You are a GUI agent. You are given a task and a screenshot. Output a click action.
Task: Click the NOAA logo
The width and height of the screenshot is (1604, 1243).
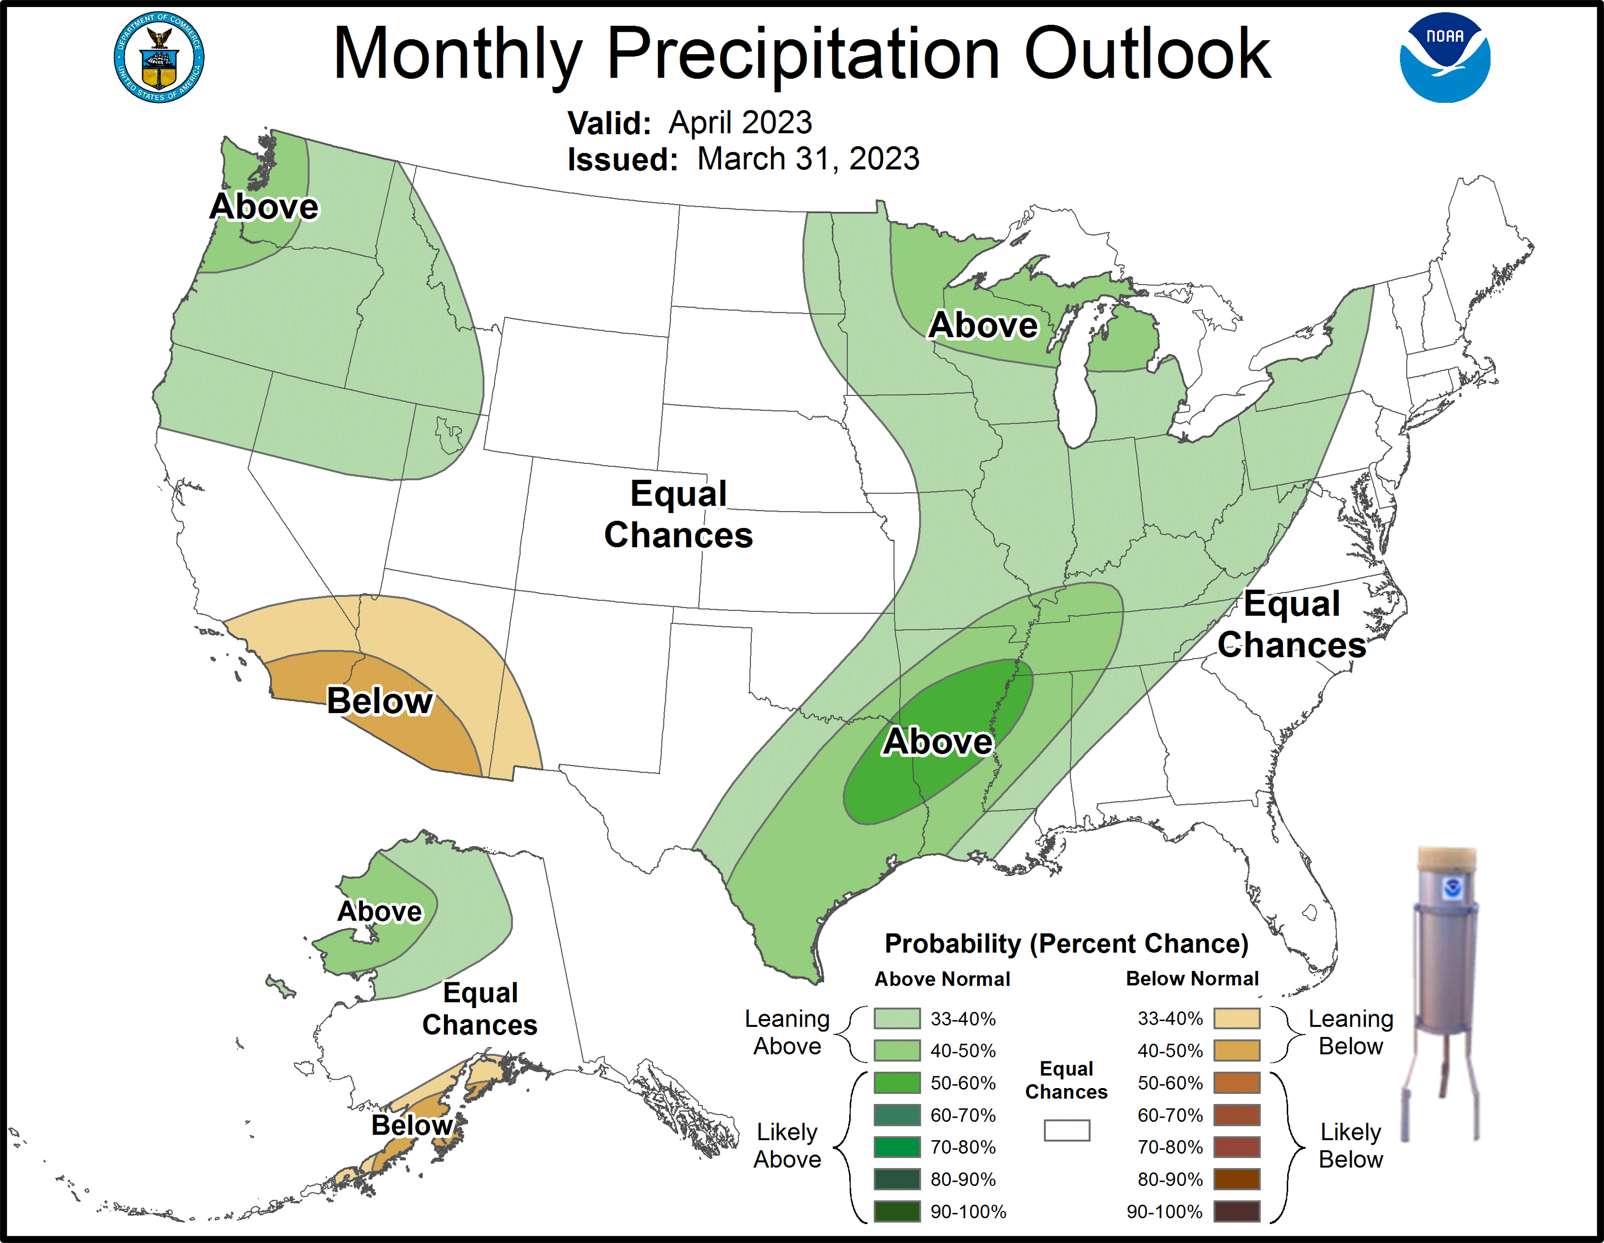(x=1444, y=57)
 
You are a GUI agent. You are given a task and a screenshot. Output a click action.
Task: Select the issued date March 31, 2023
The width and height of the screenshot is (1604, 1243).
(x=808, y=159)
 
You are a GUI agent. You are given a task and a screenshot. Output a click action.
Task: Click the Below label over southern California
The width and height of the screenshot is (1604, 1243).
(x=380, y=700)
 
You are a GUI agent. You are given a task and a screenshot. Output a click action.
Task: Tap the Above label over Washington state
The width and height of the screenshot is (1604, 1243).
(x=264, y=207)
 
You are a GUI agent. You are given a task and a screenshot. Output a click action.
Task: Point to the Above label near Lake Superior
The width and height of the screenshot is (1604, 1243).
(x=983, y=325)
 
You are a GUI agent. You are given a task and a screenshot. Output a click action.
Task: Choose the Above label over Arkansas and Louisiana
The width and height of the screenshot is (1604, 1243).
(x=938, y=741)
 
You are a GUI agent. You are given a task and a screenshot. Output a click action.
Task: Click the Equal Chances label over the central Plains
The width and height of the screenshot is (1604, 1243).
(x=679, y=514)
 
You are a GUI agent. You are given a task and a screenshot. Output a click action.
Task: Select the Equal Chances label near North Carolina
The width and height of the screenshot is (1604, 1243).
(x=1292, y=624)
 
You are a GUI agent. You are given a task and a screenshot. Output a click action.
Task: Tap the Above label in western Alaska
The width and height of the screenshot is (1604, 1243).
(x=380, y=911)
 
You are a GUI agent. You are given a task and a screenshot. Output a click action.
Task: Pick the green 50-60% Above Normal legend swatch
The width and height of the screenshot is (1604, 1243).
(x=897, y=1083)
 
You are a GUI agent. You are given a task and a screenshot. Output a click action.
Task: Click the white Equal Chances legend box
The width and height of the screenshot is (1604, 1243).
(x=1066, y=1130)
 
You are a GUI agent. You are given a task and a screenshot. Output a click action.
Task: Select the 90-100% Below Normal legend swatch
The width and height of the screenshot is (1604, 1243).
(x=1237, y=1211)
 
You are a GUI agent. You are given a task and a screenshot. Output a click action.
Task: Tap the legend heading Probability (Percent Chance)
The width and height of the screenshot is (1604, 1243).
(x=1066, y=943)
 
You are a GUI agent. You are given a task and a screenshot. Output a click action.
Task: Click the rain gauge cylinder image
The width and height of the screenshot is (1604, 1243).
(x=1445, y=948)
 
